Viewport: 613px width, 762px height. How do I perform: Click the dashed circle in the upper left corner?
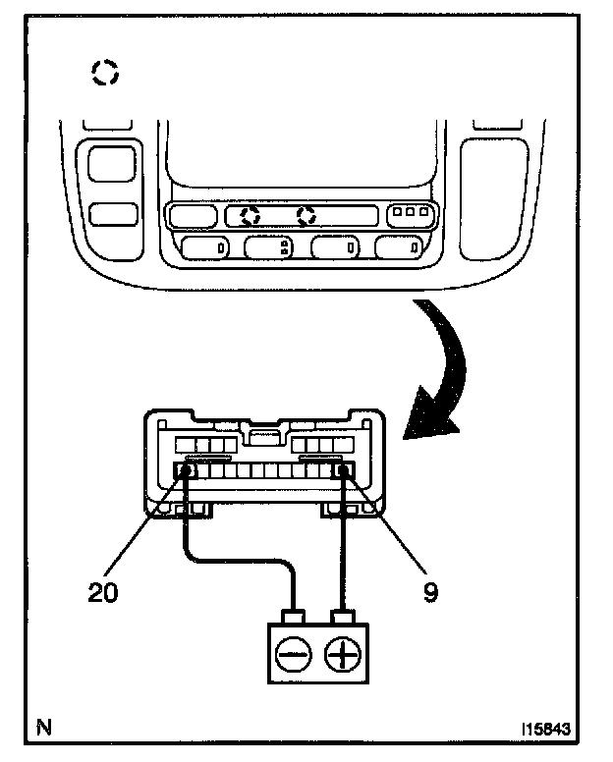[x=104, y=72]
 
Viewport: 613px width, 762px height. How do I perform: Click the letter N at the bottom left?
[x=43, y=728]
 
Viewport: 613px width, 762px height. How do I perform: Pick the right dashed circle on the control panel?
[x=307, y=214]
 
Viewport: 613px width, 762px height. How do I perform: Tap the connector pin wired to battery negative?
[x=185, y=471]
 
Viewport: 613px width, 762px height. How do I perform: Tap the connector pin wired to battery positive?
[x=345, y=471]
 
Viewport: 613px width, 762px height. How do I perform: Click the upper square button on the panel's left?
[x=107, y=162]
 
